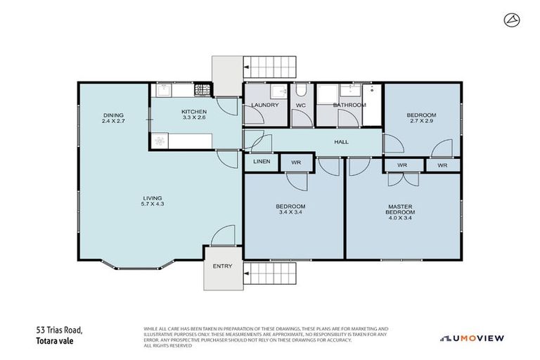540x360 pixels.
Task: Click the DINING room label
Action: pos(112,115)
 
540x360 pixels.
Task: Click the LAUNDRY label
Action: pos(265,105)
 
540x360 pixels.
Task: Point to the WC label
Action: pos(300,105)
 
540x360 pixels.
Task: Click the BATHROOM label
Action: pos(349,105)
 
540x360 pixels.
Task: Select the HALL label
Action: pos(341,142)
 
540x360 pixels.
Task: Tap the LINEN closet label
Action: pos(262,162)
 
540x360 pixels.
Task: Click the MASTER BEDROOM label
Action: pos(402,210)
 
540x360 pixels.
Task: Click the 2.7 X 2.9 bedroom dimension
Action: pos(422,121)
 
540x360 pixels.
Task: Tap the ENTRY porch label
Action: pos(222,266)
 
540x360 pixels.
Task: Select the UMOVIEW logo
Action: pos(472,337)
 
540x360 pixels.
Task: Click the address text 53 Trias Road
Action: pos(60,330)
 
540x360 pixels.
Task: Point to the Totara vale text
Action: pos(55,341)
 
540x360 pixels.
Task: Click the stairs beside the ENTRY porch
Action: pos(271,275)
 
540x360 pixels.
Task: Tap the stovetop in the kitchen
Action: pos(202,91)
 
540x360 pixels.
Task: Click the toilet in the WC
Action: pos(301,90)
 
